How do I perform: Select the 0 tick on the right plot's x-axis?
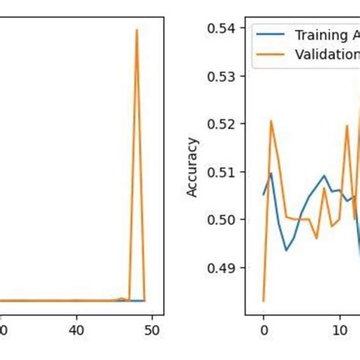coord(264,330)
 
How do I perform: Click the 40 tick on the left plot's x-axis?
coord(75,330)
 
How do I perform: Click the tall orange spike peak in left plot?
coord(137,30)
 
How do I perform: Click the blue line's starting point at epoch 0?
coord(264,194)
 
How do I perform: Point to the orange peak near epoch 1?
coord(270,121)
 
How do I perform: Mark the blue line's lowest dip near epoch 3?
coord(286,250)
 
